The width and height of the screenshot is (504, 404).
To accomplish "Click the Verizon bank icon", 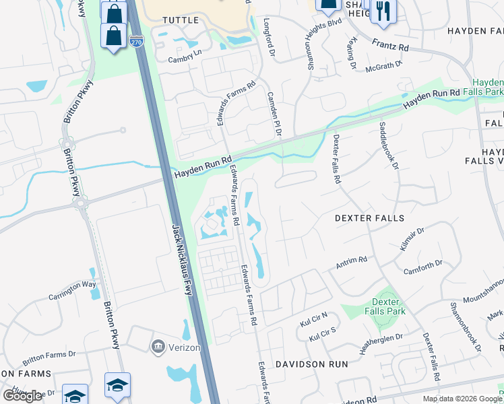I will [158, 346].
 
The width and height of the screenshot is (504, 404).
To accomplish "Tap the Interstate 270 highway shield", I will [135, 42].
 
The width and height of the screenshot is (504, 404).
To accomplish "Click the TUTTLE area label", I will [181, 20].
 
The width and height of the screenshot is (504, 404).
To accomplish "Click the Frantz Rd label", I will [391, 45].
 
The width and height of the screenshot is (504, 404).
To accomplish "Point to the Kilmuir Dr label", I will [412, 239].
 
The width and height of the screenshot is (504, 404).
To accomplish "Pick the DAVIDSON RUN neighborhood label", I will [311, 364].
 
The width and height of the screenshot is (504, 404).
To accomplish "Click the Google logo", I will [22, 396].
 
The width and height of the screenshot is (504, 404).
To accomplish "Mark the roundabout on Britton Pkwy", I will [82, 201].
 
